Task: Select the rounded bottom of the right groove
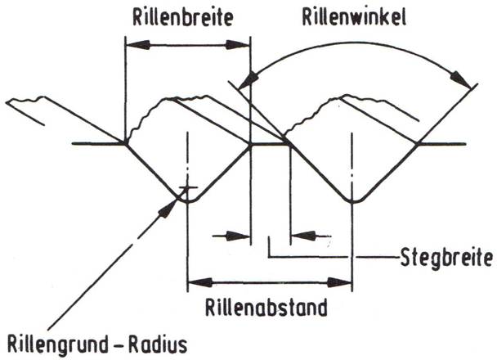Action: click(x=353, y=199)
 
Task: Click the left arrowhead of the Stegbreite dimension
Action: click(x=241, y=236)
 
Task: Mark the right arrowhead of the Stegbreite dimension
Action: click(x=299, y=236)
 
